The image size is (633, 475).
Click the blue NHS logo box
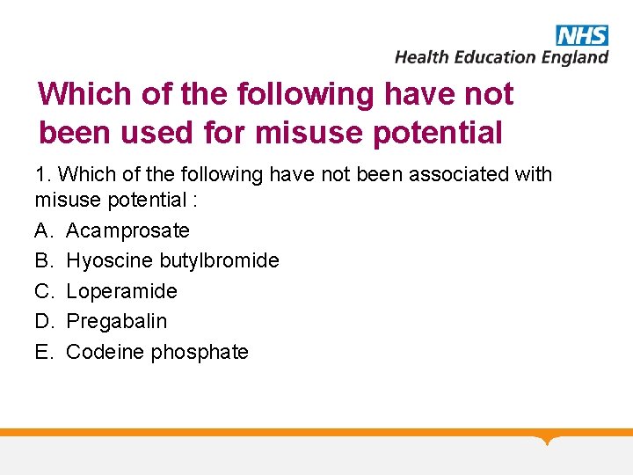coord(582,35)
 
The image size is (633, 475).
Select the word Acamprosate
coord(127,230)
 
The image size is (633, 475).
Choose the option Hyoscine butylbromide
coord(172,261)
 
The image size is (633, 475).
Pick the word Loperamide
coord(121,291)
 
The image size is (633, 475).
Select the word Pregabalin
coord(116,322)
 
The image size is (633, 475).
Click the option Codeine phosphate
coord(157,352)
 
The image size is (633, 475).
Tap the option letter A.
coord(43,230)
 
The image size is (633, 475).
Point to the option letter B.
coord(43,261)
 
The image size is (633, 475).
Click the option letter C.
coord(43,291)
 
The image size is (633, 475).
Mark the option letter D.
coord(43,322)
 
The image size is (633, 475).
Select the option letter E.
coord(43,352)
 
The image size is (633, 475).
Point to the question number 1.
coord(40,174)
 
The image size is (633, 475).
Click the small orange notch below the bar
coord(548,439)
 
